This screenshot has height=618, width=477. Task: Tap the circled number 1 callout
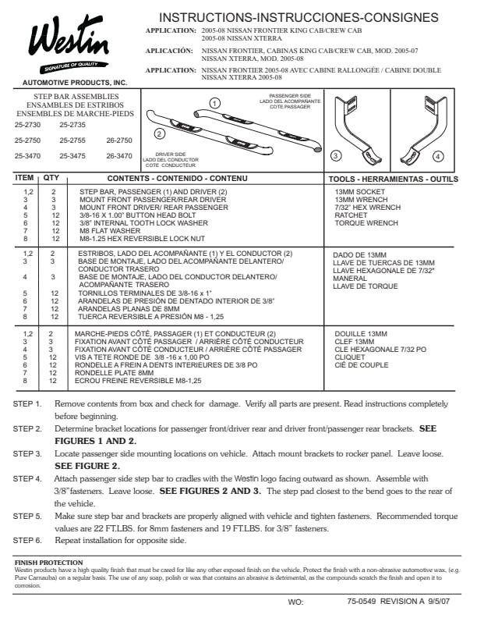(214, 104)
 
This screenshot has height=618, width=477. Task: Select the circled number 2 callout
(160, 134)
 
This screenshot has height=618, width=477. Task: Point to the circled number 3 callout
(335, 156)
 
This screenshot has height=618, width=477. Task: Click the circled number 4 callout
(438, 157)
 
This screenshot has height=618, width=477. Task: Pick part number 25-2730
(27, 125)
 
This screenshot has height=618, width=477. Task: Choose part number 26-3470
(119, 156)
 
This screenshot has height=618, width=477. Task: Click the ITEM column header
(24, 178)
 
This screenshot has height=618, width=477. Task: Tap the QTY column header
(51, 178)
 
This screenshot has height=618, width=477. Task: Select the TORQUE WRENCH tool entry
(366, 223)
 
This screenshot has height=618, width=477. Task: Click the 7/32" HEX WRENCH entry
(368, 208)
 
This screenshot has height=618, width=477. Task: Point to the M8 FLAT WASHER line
(110, 231)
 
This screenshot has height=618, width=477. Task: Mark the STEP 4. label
(27, 479)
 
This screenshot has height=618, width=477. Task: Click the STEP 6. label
(27, 540)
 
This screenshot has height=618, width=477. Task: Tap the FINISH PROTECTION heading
(49, 563)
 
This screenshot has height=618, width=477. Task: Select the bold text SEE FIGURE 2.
(87, 466)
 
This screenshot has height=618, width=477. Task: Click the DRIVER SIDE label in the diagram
(171, 154)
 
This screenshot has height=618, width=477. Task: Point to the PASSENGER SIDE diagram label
(290, 96)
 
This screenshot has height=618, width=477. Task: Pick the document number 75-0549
(362, 602)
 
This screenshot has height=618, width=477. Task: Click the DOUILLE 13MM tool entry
(361, 334)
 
